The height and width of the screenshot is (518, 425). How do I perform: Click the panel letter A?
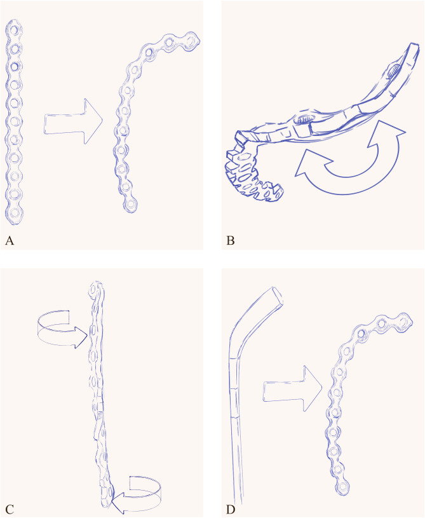[10, 240]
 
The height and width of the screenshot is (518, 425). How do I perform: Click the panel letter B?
[231, 240]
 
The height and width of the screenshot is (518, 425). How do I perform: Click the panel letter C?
[10, 510]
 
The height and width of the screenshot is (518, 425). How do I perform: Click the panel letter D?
[231, 510]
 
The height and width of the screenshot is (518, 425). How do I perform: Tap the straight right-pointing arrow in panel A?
[73, 121]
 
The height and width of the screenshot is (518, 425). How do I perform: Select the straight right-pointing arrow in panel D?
[293, 388]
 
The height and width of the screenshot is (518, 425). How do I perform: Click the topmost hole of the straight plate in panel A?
[14, 30]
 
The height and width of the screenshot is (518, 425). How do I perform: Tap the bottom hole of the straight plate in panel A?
[14, 213]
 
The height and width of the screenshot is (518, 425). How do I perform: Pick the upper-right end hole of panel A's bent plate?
[191, 41]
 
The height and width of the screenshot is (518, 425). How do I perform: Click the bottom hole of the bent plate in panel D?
[343, 486]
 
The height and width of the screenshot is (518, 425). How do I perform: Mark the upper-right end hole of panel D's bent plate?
[403, 321]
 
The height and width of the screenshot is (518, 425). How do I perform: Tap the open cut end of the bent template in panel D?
[277, 296]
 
